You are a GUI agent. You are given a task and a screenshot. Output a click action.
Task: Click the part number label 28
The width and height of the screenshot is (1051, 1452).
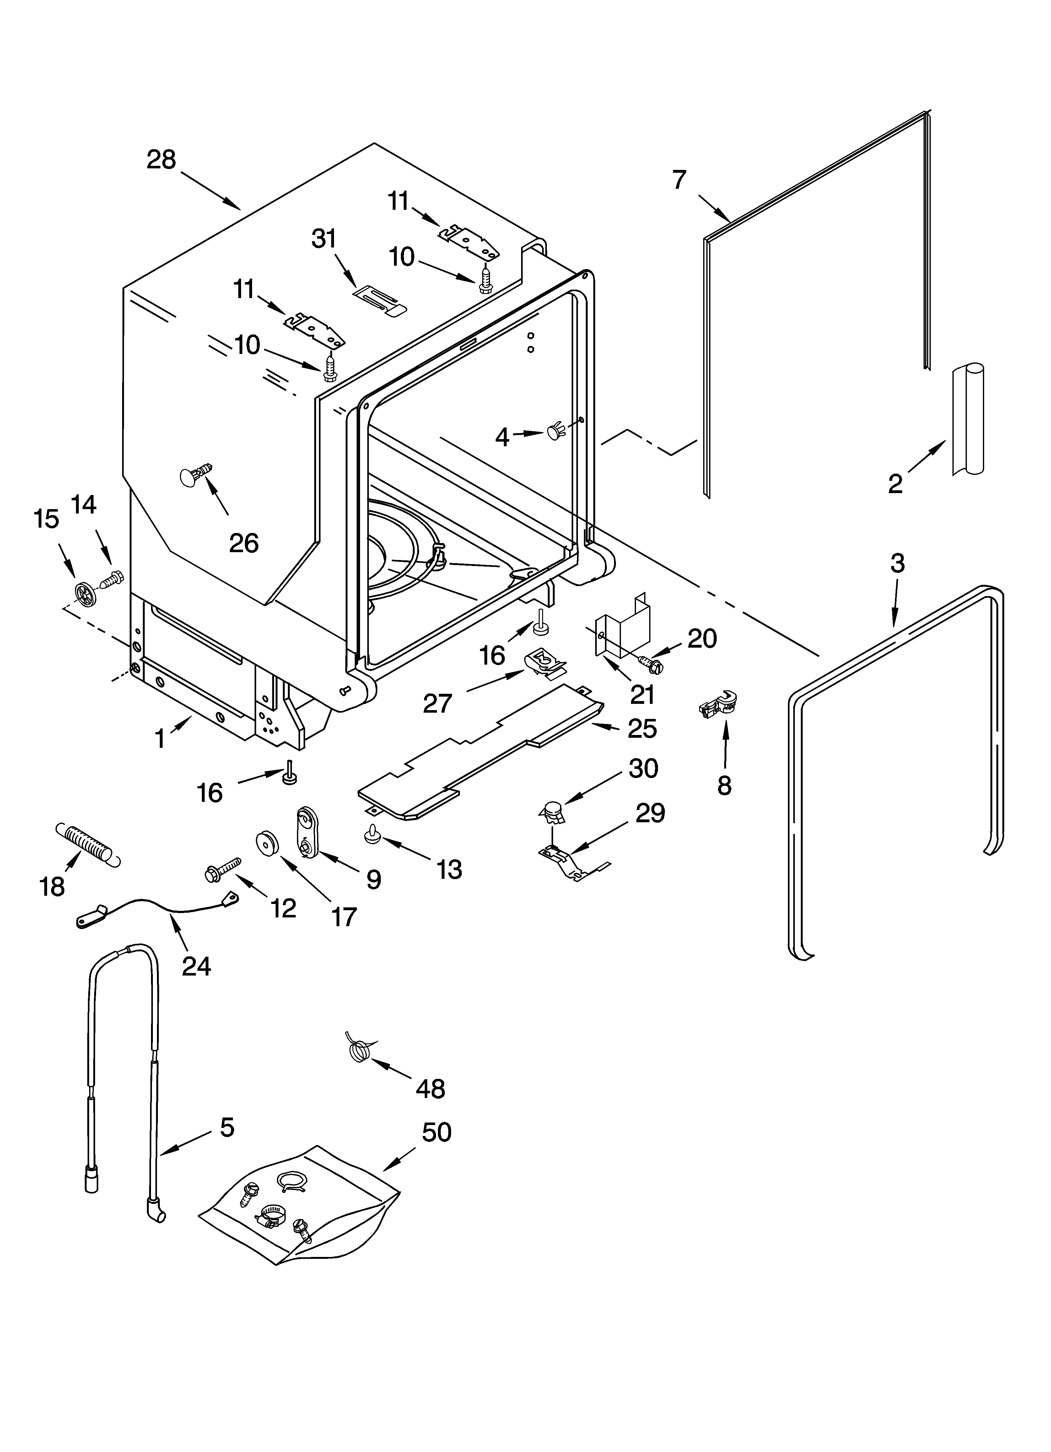[x=161, y=160]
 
